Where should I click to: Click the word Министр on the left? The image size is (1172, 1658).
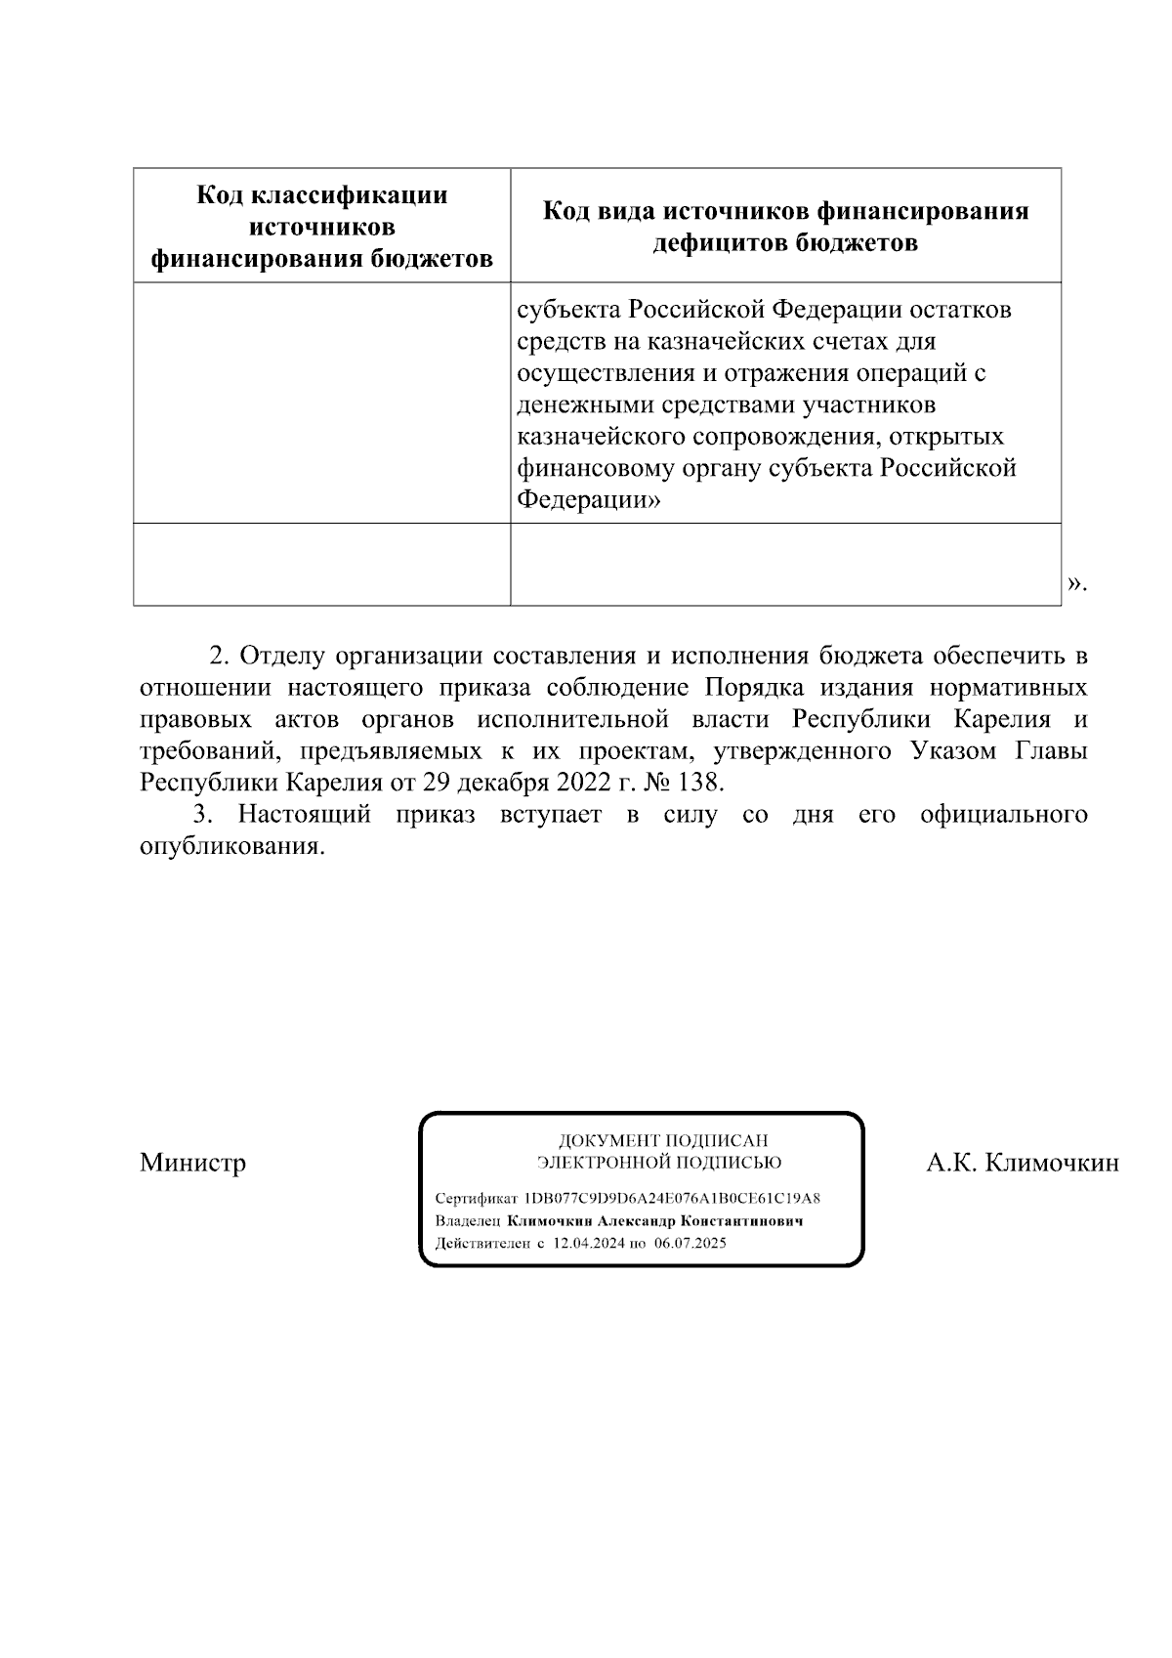(192, 1163)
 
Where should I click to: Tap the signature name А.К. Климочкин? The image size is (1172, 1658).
(1023, 1163)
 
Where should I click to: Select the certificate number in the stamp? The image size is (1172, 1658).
(672, 1198)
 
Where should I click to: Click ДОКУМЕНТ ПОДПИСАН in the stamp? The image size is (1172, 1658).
(662, 1140)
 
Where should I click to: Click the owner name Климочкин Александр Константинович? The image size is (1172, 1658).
(654, 1221)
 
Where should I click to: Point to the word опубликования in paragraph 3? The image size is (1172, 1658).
(230, 846)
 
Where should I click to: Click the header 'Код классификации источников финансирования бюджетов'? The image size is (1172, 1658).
(321, 227)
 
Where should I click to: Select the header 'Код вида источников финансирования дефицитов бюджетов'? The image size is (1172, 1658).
(785, 227)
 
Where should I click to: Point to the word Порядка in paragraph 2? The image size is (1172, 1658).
(748, 688)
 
